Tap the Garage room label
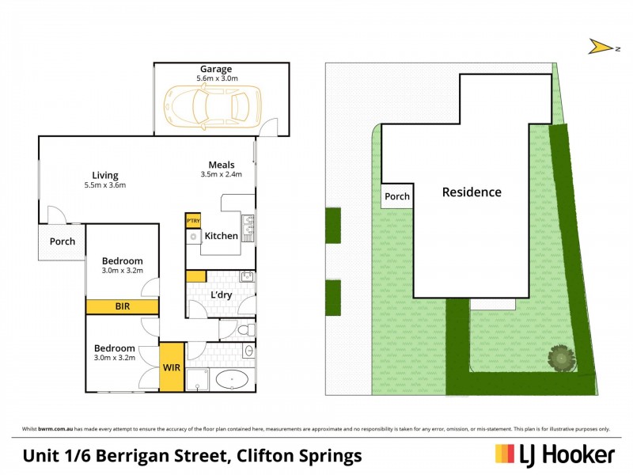(215, 69)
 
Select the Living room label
(104, 175)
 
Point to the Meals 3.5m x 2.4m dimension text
(221, 174)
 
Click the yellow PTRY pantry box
(192, 221)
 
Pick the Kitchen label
(221, 236)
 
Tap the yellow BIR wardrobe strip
(122, 306)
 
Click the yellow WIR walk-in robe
(172, 367)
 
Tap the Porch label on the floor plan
(63, 241)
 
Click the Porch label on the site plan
(397, 196)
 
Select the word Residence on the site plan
(472, 192)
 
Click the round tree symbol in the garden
(562, 357)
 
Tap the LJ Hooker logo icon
(505, 454)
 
